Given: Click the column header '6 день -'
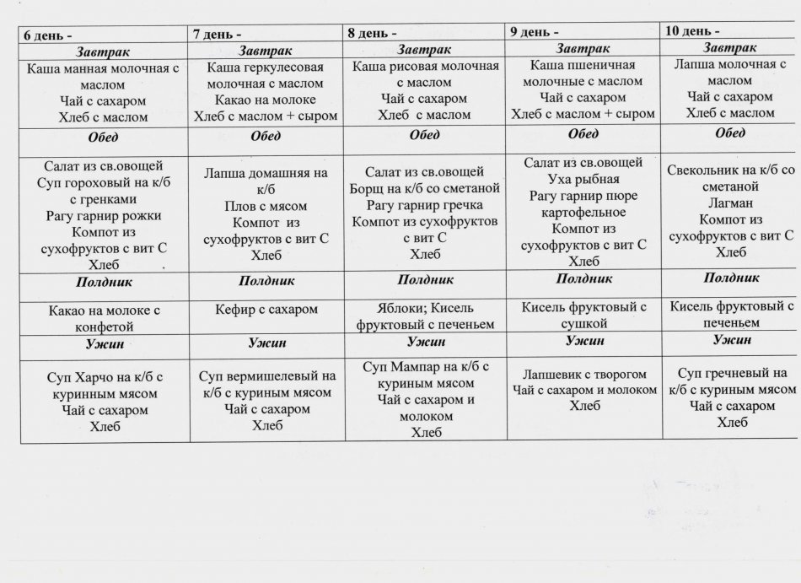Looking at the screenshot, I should pyautogui.click(x=47, y=36).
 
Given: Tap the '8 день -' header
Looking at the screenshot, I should pyautogui.click(x=372, y=34).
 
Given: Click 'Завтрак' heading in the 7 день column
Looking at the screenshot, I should pyautogui.click(x=266, y=51).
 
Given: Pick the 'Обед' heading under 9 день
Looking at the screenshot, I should pyautogui.click(x=583, y=134).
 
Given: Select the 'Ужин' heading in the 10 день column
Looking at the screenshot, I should pyautogui.click(x=731, y=340).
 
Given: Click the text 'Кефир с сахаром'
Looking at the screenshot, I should pyautogui.click(x=266, y=310).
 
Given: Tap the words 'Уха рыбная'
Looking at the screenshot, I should pyautogui.click(x=583, y=179).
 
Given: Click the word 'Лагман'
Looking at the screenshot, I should pyautogui.click(x=730, y=203).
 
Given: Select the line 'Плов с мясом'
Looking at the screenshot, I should pyautogui.click(x=266, y=206).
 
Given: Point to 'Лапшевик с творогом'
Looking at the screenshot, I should pyautogui.click(x=584, y=373).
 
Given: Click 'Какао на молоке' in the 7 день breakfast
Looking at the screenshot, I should pyautogui.click(x=266, y=100).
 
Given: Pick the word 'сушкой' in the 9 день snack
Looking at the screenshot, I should pyautogui.click(x=583, y=323).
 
